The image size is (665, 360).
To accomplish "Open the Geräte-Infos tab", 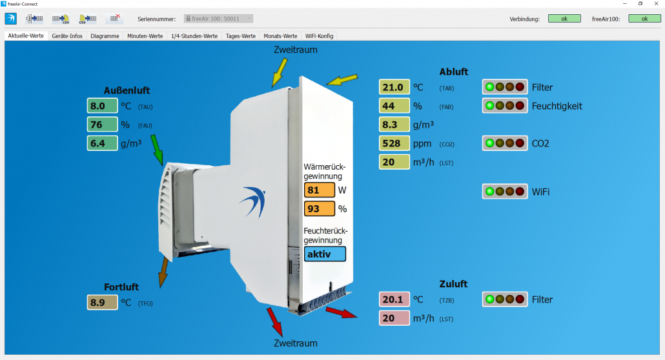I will [x=67, y=36].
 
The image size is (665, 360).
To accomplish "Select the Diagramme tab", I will [x=105, y=36].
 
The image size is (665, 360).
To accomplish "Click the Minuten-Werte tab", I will [x=145, y=36].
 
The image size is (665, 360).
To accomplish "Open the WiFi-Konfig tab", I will [x=319, y=36].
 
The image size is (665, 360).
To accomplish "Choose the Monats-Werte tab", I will [x=280, y=36].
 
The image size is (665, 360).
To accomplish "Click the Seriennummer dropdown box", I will [x=219, y=19].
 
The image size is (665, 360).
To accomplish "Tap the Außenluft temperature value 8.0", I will [x=103, y=106].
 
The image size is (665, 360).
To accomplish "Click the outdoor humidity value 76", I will [x=103, y=125].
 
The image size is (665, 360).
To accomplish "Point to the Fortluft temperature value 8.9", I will [x=103, y=302].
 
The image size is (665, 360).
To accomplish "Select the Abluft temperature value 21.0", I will [x=394, y=87].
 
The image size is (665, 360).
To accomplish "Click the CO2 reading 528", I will [x=394, y=143].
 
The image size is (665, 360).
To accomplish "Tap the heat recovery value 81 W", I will [x=320, y=190].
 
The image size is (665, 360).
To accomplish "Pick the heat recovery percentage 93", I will [x=320, y=209].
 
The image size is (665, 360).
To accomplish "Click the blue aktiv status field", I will [x=325, y=254].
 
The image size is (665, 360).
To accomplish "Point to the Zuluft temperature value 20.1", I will [x=394, y=299].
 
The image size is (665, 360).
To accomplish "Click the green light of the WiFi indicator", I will [x=490, y=192].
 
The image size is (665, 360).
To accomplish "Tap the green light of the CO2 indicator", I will [x=490, y=143].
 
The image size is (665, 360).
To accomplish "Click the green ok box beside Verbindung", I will [x=564, y=19].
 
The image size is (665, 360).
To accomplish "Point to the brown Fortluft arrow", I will [x=163, y=272].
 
